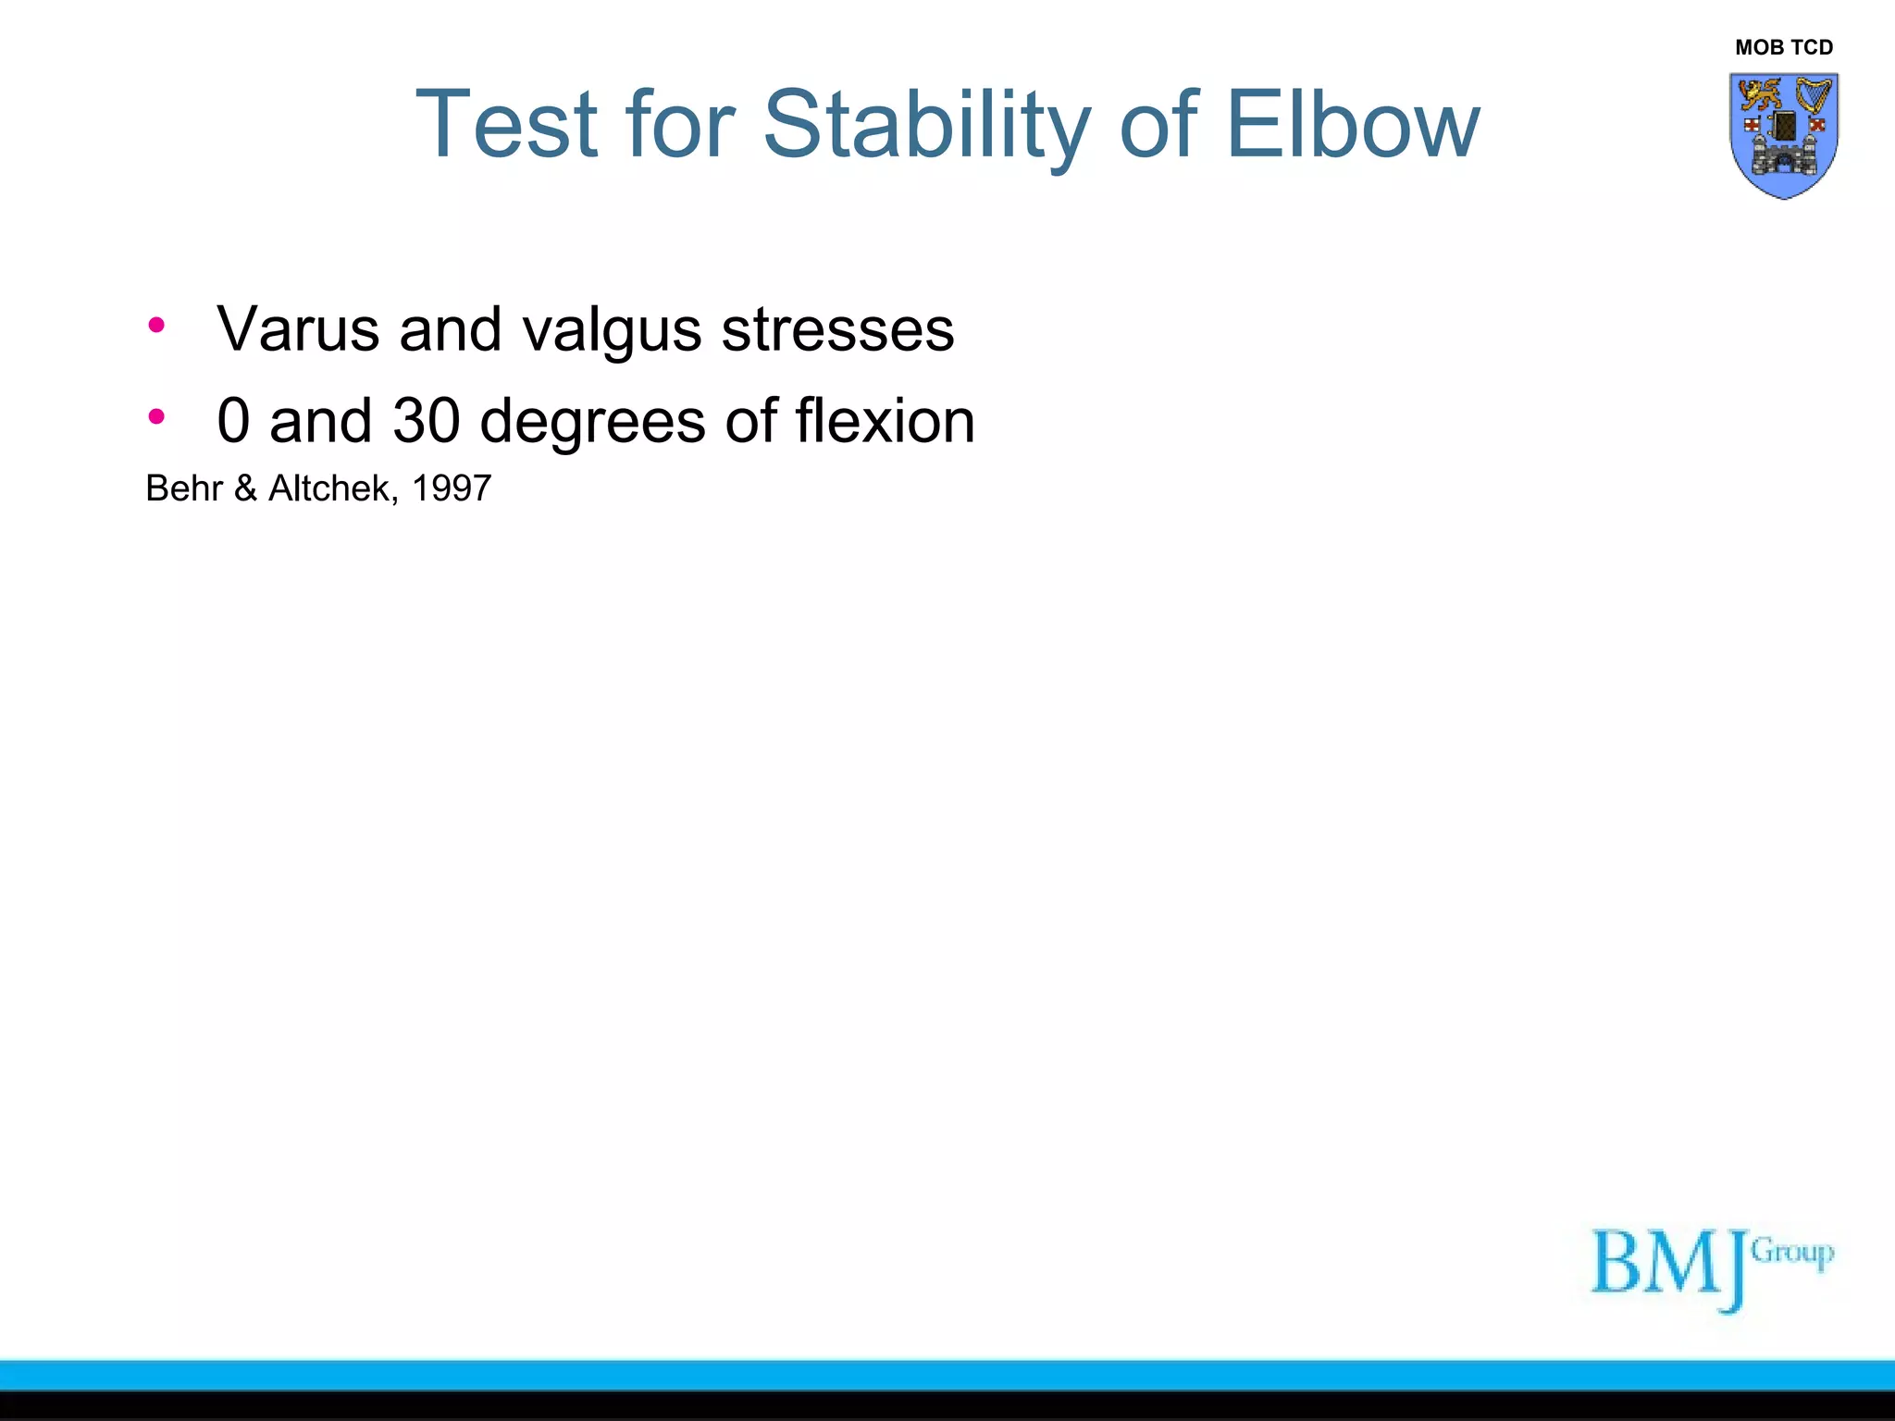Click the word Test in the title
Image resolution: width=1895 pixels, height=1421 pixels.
[507, 125]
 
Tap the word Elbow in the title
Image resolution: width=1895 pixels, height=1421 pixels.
[1352, 125]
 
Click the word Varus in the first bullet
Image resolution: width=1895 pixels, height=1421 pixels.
[298, 329]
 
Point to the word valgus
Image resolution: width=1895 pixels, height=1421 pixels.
[612, 331]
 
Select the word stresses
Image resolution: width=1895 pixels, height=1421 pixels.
[837, 329]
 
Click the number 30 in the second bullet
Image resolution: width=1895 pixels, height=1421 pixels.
[427, 421]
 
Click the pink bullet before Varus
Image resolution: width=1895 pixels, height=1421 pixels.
[156, 325]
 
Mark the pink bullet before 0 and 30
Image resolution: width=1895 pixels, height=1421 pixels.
[156, 416]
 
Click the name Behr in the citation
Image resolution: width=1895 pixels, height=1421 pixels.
[184, 488]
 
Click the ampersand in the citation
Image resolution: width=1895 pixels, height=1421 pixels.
[245, 488]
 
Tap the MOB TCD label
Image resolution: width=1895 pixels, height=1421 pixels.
[1784, 47]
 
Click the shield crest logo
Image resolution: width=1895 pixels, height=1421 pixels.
[1784, 135]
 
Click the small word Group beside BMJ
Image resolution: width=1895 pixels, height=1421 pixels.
[1792, 1253]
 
